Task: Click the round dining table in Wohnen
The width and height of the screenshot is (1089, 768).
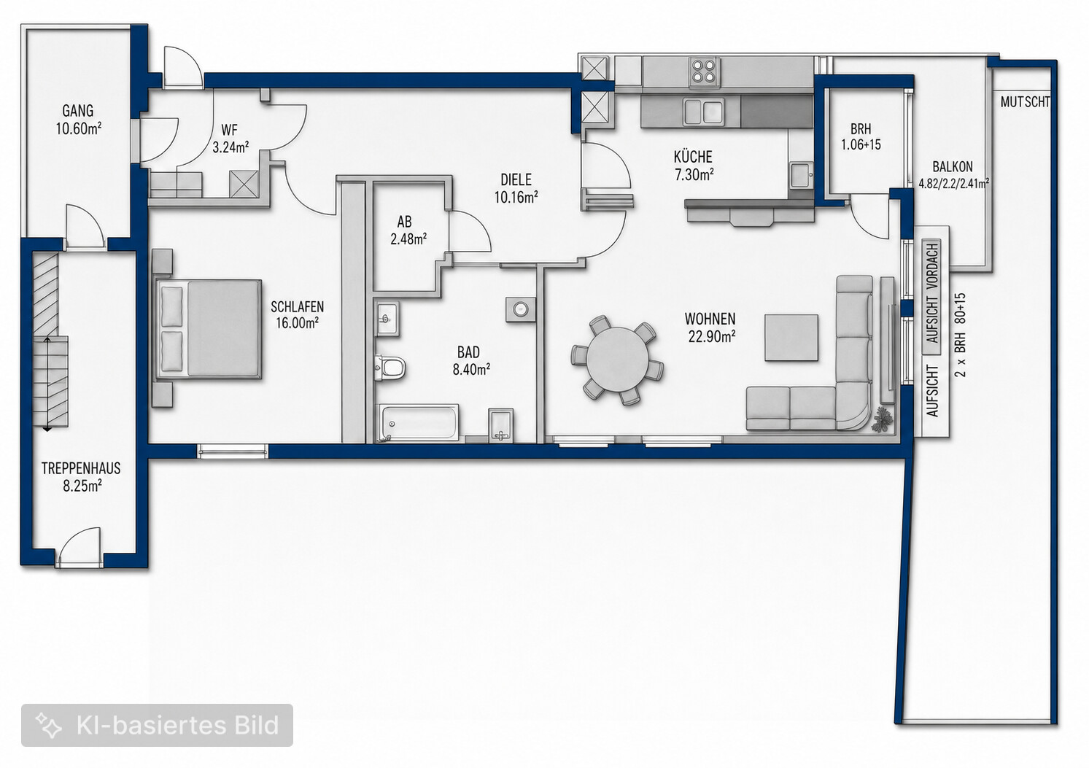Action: pos(617,360)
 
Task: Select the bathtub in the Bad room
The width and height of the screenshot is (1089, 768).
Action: pos(420,423)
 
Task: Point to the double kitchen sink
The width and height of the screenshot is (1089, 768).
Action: pos(703,112)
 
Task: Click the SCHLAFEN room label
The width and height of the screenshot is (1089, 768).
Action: pos(297,307)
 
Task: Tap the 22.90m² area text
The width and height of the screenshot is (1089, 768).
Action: pos(711,336)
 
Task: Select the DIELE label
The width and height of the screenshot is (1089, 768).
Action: pos(516,180)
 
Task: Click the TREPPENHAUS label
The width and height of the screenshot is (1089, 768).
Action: pos(81,468)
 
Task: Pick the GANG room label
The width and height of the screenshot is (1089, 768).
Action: pos(78,111)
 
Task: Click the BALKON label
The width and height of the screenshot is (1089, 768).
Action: pos(953,167)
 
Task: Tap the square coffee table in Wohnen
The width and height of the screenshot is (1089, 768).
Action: pos(791,338)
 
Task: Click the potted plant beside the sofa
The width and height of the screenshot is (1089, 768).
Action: pos(883,419)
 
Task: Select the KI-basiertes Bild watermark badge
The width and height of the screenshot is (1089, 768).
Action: pos(157,725)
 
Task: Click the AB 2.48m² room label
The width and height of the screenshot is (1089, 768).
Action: pos(408,230)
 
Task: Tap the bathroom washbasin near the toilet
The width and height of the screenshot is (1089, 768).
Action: pos(387,319)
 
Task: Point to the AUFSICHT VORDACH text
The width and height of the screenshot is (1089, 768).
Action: pos(932,292)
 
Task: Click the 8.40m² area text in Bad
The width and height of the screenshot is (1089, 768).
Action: pos(471,370)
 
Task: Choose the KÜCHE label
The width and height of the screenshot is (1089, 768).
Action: pos(693,157)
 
